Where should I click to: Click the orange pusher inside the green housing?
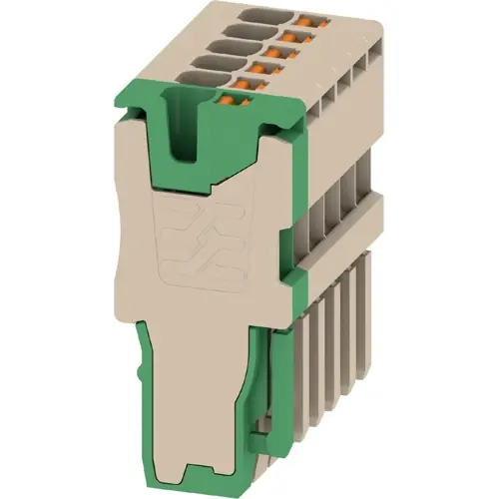tap(229, 98)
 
